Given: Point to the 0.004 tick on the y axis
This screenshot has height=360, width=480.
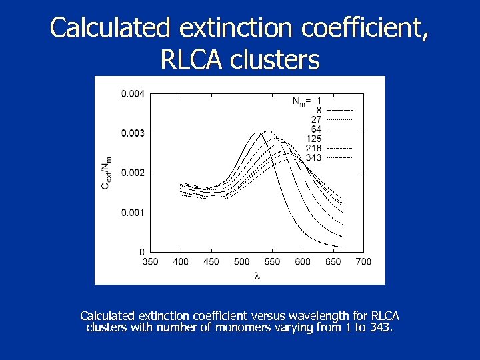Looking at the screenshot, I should pos(132,93).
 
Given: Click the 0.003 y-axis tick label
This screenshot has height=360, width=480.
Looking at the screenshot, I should pos(132,133).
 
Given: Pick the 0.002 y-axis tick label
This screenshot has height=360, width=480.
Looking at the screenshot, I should pos(132,172).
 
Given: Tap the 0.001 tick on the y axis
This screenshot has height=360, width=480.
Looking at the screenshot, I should pos(132,212).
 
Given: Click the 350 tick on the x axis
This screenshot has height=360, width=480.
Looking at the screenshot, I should pos(151,261).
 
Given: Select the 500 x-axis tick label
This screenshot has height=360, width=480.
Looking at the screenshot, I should pos(242,261).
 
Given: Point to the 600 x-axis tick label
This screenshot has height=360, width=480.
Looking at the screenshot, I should pos(303,261).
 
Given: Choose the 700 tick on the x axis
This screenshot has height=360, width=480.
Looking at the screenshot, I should pos(363,261).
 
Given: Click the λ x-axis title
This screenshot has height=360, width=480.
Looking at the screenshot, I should pos(257,274).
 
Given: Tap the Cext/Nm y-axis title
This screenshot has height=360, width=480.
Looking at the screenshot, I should pos(106,173).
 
